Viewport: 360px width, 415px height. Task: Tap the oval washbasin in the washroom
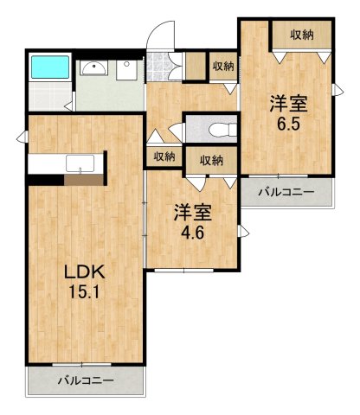(x=93, y=70)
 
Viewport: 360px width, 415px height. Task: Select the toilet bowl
(x=222, y=131)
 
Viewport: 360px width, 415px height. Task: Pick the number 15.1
(x=84, y=292)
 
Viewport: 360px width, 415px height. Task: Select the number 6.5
(x=288, y=123)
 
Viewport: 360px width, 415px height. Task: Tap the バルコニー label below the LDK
(x=85, y=380)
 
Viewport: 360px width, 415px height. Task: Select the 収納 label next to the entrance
(x=222, y=67)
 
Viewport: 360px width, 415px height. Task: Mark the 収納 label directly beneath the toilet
(x=211, y=159)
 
